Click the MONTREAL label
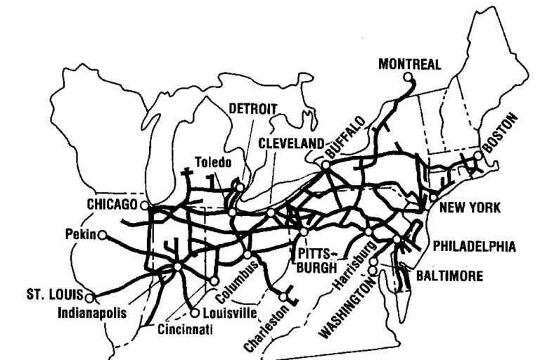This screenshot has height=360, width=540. click(410, 64)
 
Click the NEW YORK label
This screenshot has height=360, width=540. click(470, 207)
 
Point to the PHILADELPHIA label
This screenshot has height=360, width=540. click(475, 247)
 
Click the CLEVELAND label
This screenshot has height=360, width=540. click(290, 143)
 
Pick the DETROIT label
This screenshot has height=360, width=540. click(252, 108)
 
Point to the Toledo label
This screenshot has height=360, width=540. click(213, 162)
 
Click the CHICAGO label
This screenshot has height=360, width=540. click(111, 205)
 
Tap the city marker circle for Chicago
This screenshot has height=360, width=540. click(144, 205)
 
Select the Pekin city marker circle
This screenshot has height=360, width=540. click(102, 235)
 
